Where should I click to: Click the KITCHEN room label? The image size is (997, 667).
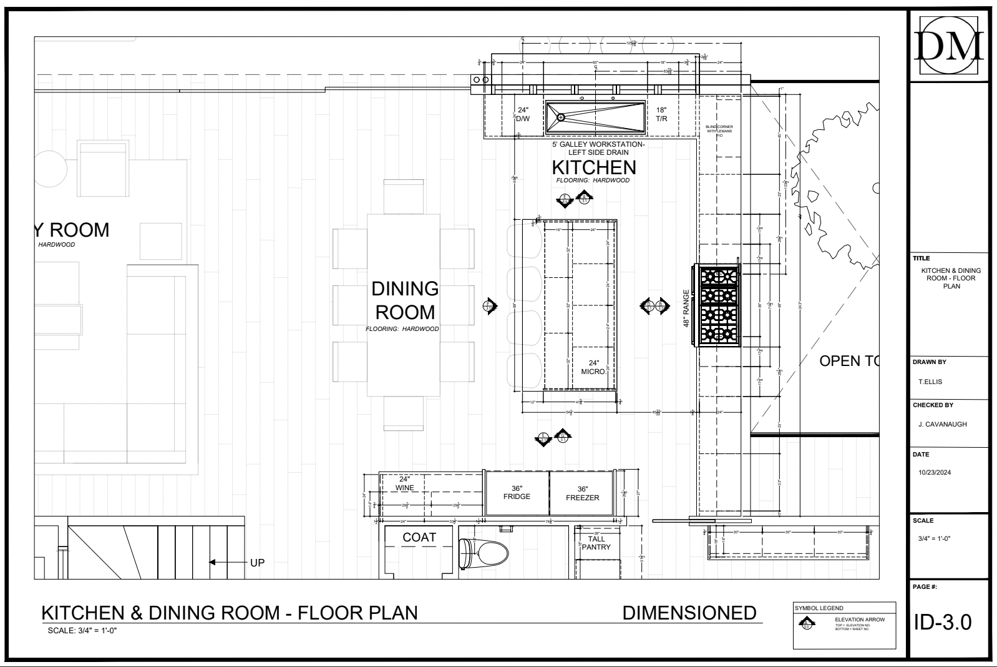594,167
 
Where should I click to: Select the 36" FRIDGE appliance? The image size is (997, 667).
517,493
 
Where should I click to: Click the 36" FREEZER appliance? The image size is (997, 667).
582,493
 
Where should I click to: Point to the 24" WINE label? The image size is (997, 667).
404,483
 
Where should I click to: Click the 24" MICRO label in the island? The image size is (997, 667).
593,367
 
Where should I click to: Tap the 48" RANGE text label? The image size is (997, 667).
686,309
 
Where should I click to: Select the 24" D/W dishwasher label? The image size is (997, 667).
523,114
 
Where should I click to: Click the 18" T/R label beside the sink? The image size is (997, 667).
661,114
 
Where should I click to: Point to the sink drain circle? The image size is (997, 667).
560,117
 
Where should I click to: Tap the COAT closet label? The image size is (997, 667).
419,538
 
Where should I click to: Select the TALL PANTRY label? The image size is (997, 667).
596,543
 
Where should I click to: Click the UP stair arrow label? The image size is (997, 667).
257,563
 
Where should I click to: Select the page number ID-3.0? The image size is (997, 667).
943,622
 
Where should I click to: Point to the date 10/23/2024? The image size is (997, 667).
935,473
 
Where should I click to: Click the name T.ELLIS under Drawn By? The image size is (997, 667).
930,382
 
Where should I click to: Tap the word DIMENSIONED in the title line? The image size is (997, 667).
689,613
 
